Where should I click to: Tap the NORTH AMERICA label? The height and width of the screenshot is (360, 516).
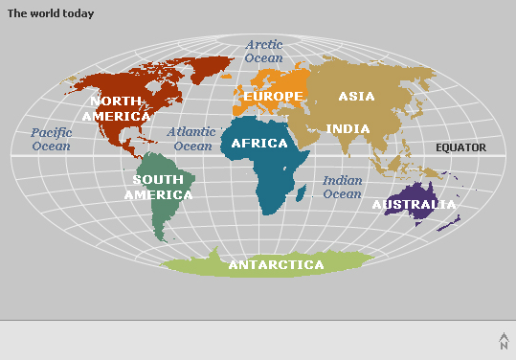116,108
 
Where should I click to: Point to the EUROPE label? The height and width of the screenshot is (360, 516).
273,97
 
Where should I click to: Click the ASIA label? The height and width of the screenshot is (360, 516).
356,96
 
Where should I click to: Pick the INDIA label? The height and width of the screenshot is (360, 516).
348,128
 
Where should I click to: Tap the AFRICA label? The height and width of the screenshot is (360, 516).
259,144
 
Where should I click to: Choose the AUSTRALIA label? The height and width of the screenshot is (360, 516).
414,205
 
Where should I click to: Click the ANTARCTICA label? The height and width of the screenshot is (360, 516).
275,265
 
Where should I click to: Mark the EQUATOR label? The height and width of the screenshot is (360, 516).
460,147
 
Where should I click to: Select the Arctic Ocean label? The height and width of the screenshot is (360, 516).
264,51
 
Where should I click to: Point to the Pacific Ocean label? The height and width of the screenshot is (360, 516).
51,140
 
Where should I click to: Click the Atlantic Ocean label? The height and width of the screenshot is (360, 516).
192,139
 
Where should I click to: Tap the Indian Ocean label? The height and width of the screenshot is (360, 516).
342,187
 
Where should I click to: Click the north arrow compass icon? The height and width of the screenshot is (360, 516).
504,341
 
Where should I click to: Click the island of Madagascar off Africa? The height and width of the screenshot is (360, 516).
302,194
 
